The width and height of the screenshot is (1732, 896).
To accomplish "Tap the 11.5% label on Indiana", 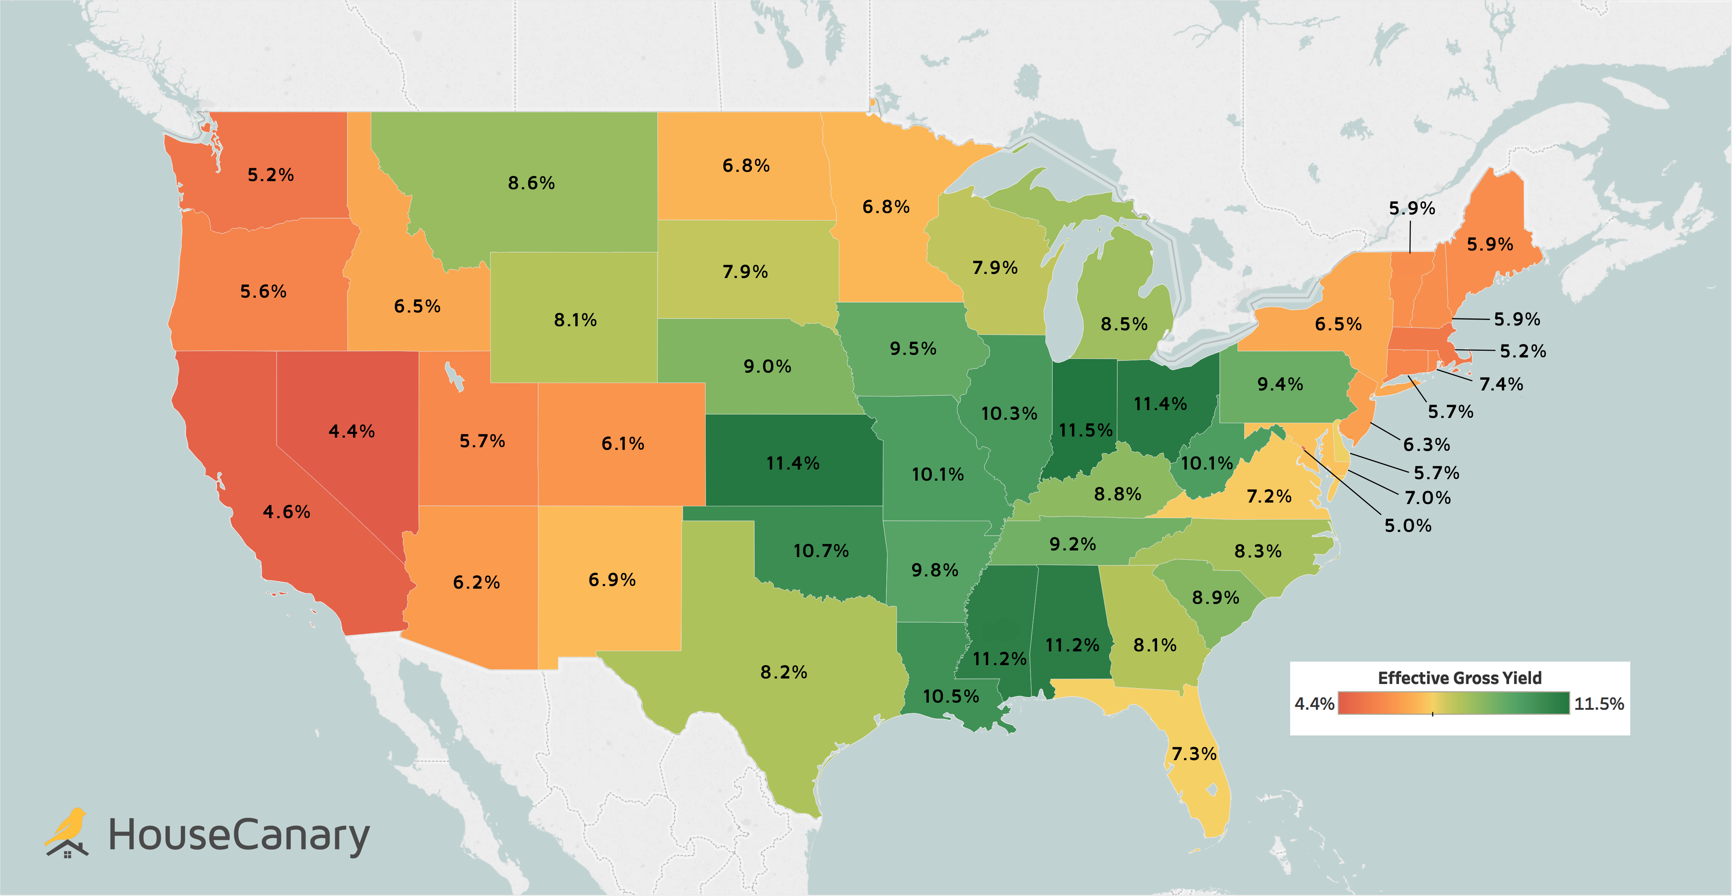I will tap(1085, 430).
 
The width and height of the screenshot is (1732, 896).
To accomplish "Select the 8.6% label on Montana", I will tap(531, 183).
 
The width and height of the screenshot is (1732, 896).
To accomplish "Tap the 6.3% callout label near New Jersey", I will tap(1426, 444).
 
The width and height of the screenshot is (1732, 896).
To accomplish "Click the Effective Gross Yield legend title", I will tap(1460, 677).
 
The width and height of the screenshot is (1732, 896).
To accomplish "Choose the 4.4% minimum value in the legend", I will tap(1314, 704).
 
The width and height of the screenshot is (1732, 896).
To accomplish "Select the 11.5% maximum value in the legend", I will tap(1599, 704).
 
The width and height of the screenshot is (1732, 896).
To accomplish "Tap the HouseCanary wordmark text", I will tap(239, 835).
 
